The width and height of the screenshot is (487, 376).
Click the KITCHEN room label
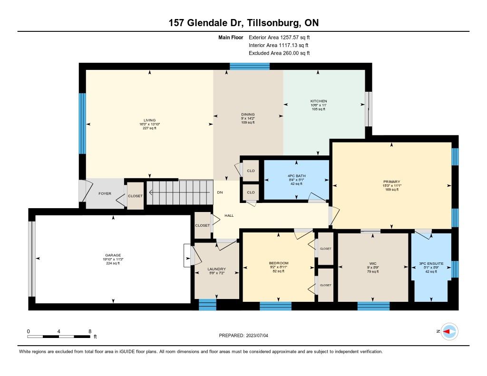coord(319,101)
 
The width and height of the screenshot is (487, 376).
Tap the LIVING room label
coord(149,120)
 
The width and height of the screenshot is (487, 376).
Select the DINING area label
coord(248,114)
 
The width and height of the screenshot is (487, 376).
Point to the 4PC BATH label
coord(297,176)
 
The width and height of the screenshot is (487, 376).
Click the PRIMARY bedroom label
coord(392,182)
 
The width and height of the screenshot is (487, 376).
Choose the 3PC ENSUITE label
coord(431,264)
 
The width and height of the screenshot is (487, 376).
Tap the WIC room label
coord(373,264)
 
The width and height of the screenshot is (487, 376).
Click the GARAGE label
coord(113,255)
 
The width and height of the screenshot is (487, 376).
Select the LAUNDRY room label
coord(216,269)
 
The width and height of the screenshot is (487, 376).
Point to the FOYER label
coord(105,193)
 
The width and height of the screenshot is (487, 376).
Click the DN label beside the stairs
coord(220,192)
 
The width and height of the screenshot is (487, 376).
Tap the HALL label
coord(229,215)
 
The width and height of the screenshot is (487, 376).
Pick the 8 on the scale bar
coord(90,331)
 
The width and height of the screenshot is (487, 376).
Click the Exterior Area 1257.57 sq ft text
coord(279,38)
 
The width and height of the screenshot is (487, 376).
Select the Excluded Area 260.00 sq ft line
coord(279,53)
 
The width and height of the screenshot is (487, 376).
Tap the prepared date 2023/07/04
coord(257,335)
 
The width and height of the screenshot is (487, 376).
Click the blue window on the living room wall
coord(82,124)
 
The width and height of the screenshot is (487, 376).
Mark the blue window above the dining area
coord(250,67)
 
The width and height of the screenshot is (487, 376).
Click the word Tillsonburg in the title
coord(274,23)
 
